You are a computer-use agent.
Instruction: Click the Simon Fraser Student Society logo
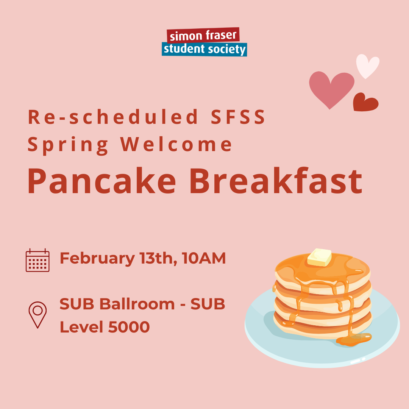pyautogui.click(x=204, y=42)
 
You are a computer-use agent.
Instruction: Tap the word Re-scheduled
pyautogui.click(x=113, y=117)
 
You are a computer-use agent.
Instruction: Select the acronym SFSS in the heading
pyautogui.click(x=238, y=117)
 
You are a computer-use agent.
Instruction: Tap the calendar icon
pyautogui.click(x=37, y=260)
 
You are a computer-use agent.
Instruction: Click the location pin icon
pyautogui.click(x=37, y=315)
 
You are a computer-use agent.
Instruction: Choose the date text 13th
pyautogui.click(x=158, y=258)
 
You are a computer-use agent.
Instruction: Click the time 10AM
pyautogui.click(x=204, y=258)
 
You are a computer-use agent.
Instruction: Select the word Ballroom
pyautogui.click(x=137, y=304)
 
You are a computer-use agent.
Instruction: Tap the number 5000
pyautogui.click(x=129, y=327)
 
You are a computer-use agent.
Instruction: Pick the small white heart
pyautogui.click(x=367, y=66)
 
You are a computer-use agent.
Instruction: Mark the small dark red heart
pyautogui.click(x=365, y=102)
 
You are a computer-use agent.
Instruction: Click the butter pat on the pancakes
pyautogui.click(x=319, y=257)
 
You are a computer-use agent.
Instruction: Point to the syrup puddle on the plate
pyautogui.click(x=353, y=340)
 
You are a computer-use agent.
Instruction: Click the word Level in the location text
pyautogui.click(x=82, y=327)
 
